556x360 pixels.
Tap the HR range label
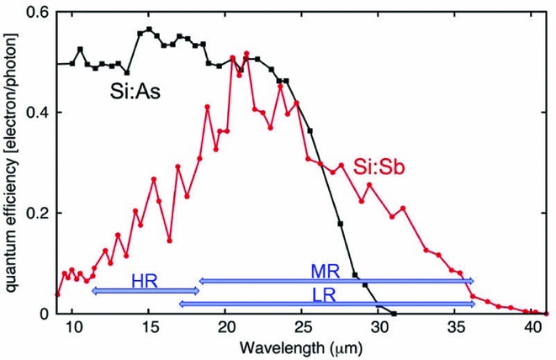[144, 278]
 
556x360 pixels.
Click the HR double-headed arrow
[145, 290]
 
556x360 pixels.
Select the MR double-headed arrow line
[336, 281]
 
